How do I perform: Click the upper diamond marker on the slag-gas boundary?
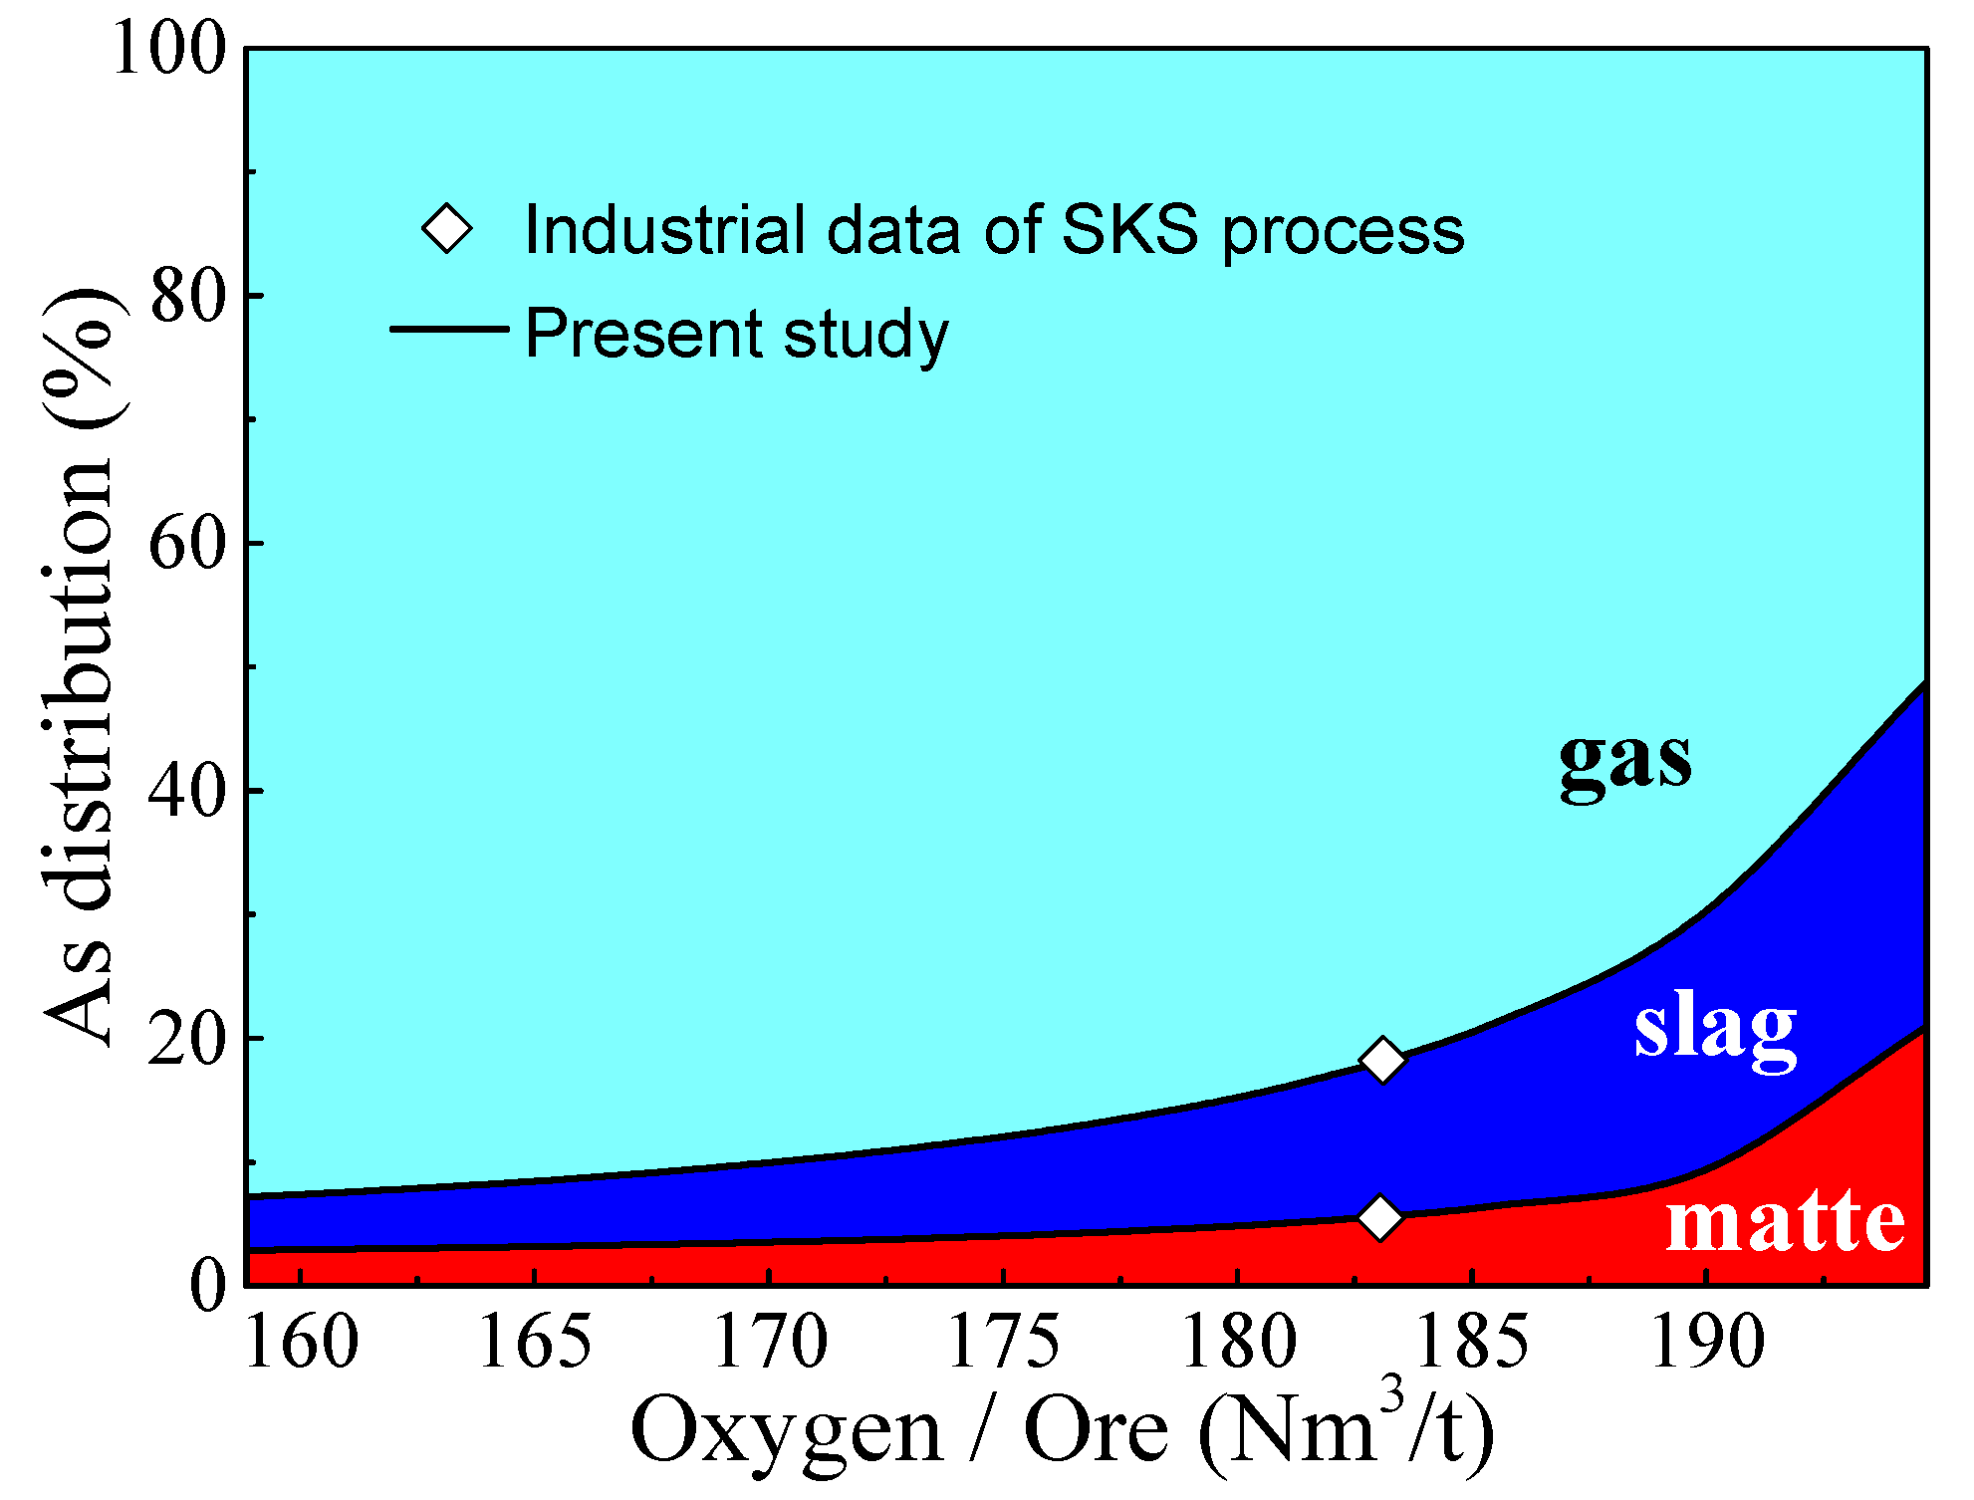pos(1382,1059)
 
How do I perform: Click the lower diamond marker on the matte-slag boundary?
pos(1379,1217)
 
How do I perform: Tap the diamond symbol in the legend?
pos(447,229)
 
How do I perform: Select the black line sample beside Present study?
pos(449,330)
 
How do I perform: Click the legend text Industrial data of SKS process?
pos(994,230)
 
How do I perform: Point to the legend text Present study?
pos(736,334)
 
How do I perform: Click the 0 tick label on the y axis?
pos(207,1285)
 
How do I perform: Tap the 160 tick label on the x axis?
pos(301,1343)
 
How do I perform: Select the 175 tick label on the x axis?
pos(1004,1343)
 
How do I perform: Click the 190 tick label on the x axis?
pos(1707,1343)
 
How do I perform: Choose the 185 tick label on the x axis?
pos(1472,1343)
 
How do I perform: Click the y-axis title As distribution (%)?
pos(80,667)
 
